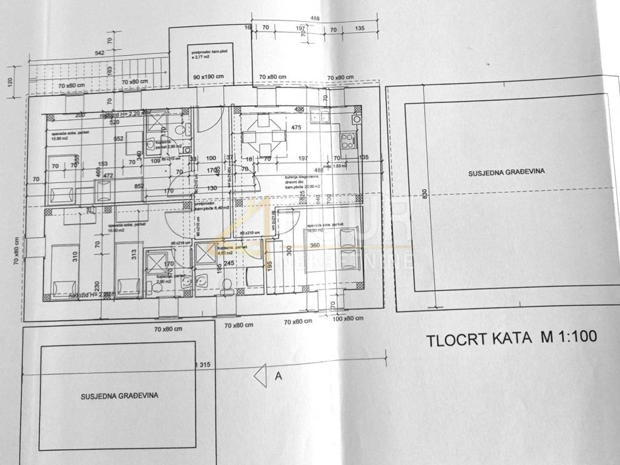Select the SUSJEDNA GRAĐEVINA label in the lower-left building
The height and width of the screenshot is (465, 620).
coord(119,396)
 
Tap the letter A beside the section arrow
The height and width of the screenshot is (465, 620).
coord(279,375)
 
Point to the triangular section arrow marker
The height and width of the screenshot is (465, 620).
coord(261,375)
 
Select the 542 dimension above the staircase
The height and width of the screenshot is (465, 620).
coord(100,53)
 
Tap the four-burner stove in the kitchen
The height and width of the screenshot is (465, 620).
coord(348,140)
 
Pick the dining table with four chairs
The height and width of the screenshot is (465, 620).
coord(264,134)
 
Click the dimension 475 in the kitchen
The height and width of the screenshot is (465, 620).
coord(296,128)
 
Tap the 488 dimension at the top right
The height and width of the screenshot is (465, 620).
coord(315,19)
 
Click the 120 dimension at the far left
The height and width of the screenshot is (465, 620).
coord(9,82)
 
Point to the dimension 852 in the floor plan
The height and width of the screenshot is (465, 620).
coord(139,186)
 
